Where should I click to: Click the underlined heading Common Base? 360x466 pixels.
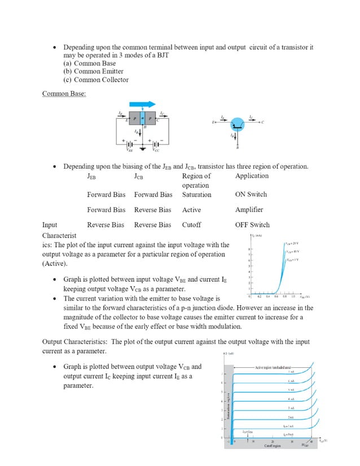(64, 94)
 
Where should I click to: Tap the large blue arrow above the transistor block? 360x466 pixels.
(143, 104)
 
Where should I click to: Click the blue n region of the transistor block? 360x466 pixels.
(143, 119)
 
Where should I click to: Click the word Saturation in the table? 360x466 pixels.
(196, 195)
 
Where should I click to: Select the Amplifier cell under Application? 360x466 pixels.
(249, 210)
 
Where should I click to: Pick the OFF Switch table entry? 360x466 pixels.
(252, 225)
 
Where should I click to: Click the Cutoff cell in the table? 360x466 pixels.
(191, 225)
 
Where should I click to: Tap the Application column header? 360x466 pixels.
(252, 176)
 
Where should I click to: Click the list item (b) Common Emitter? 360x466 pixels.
(93, 72)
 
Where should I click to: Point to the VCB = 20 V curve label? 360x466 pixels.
(292, 243)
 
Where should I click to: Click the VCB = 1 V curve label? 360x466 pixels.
(292, 260)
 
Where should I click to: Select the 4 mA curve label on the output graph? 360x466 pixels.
(290, 398)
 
